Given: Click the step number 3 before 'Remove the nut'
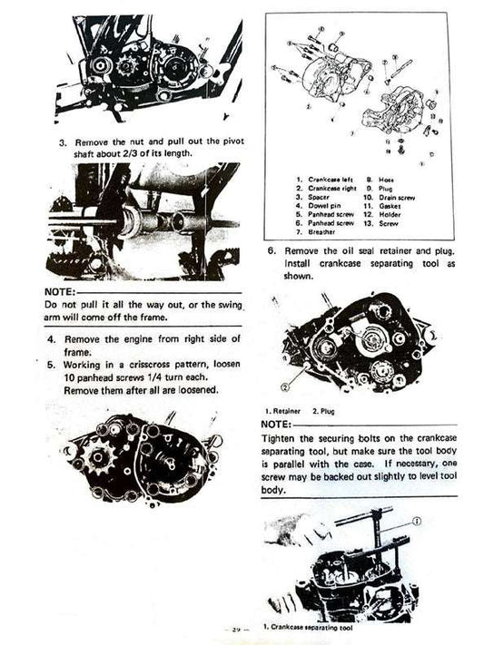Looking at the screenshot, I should (x=63, y=142).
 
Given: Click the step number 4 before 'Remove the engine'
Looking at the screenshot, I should (x=51, y=338).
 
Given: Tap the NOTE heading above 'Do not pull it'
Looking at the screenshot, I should (x=60, y=292).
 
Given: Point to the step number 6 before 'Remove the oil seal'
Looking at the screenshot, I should (x=272, y=249).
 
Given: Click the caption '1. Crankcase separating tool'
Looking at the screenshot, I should (x=305, y=626).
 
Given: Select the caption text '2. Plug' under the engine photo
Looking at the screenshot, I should (x=324, y=412).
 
